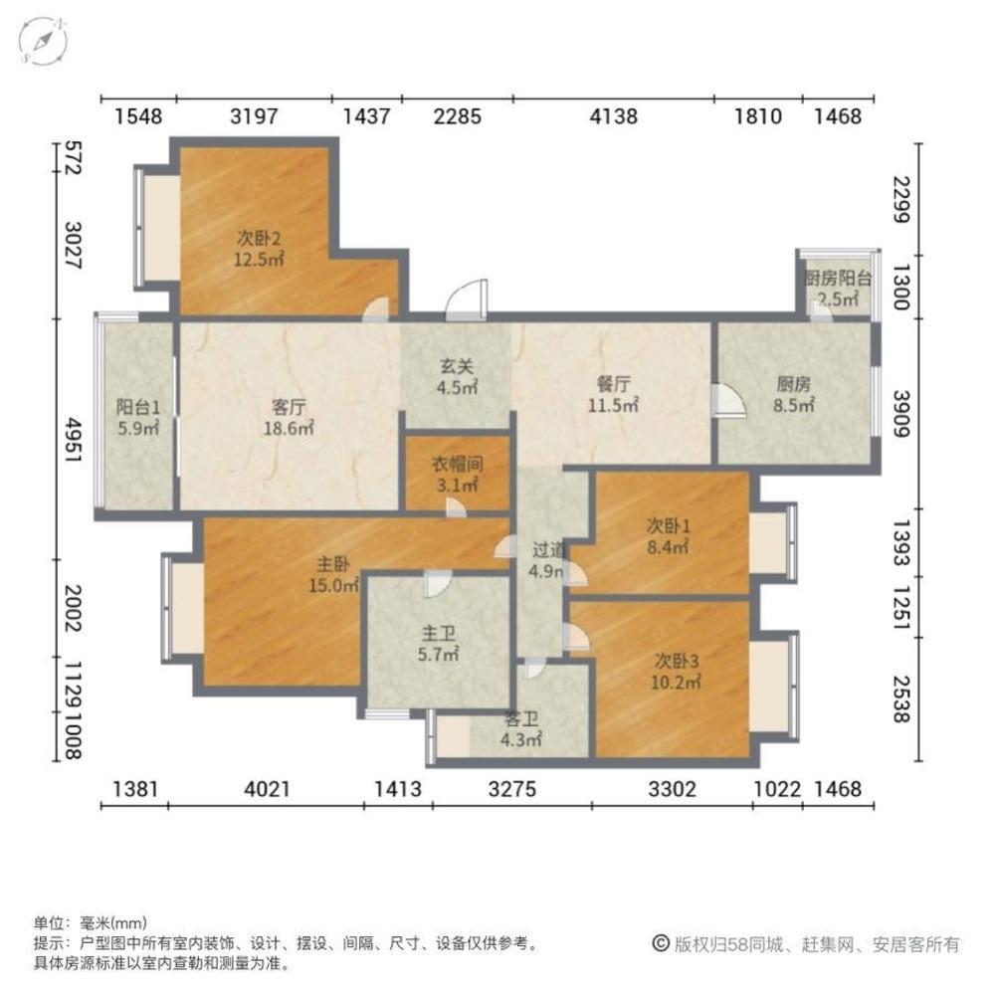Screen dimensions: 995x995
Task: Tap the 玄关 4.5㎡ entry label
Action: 458,375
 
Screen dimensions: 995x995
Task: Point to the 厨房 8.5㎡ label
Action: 794,393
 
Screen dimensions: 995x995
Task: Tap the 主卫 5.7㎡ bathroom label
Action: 438,643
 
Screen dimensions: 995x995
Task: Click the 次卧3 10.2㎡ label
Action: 678,670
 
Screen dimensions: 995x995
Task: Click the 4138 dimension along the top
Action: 613,117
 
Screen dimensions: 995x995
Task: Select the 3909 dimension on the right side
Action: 900,416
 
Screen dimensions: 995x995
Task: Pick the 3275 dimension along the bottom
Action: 512,790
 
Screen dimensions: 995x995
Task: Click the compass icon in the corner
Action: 42,42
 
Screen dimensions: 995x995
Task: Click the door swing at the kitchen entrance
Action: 727,400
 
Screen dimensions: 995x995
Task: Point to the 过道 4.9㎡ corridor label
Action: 547,560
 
